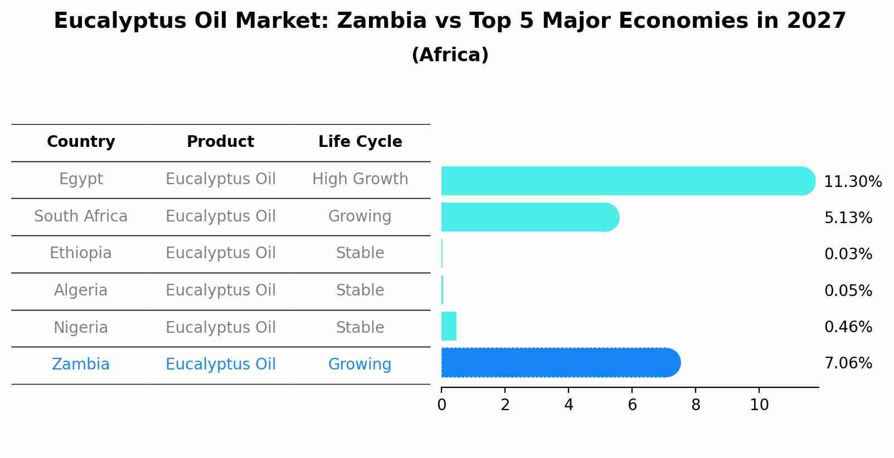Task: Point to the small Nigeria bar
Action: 449,326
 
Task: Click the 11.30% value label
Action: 853,182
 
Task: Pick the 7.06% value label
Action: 848,363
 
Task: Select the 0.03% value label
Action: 848,254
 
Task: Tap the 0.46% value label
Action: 848,327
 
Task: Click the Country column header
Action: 81,142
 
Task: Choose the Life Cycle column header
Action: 360,142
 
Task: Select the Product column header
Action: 220,142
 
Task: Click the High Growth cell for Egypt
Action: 360,179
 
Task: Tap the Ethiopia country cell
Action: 81,253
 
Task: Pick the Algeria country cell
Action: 81,290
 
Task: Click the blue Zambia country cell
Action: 81,365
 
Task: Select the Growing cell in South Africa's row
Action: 360,216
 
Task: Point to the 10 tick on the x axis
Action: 759,405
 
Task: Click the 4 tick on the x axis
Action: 569,405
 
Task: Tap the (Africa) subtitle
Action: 450,55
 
